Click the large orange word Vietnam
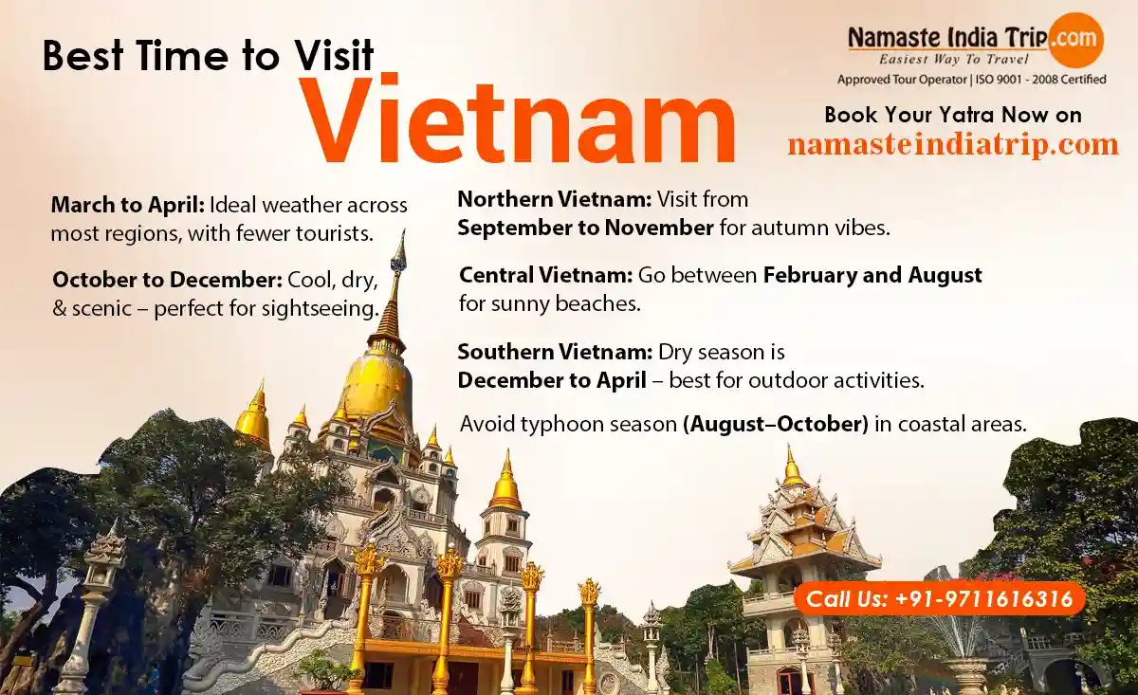tap(518, 119)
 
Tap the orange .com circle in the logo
tap(1075, 40)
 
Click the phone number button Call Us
tap(940, 599)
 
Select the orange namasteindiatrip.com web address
tap(953, 144)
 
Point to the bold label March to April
tap(127, 206)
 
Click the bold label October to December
tap(168, 280)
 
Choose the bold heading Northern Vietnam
tap(554, 199)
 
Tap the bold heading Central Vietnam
tap(545, 275)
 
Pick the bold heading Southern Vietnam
tap(555, 352)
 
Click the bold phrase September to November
tap(585, 228)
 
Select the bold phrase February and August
tap(872, 275)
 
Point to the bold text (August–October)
tap(776, 424)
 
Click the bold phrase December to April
tap(552, 380)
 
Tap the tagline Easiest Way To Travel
tap(954, 60)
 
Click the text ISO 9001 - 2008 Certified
tap(1040, 80)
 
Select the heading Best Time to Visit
tap(209, 55)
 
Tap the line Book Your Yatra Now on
tap(953, 115)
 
